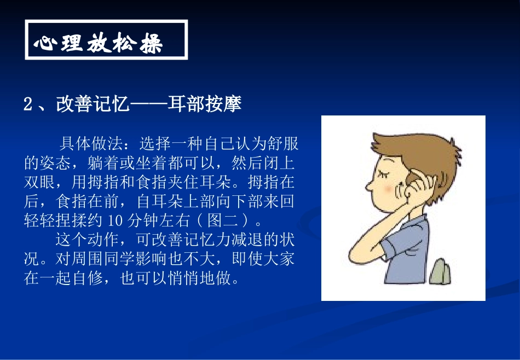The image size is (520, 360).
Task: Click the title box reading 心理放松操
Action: [106, 40]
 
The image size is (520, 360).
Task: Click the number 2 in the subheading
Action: [29, 104]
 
